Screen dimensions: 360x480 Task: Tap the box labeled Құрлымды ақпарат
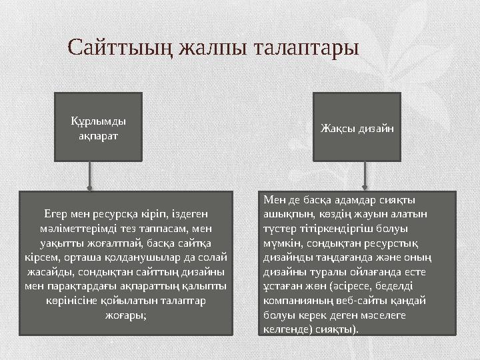tap(98, 127)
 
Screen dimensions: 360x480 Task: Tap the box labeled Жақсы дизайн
tap(357, 127)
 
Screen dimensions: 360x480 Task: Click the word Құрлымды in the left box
tap(98, 121)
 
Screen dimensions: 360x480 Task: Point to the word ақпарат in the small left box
tap(98, 135)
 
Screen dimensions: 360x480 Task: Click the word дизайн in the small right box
tap(375, 127)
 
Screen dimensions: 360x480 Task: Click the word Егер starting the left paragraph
tap(56, 214)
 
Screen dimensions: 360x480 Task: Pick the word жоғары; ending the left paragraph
tap(126, 315)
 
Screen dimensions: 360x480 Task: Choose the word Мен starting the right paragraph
tap(274, 200)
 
